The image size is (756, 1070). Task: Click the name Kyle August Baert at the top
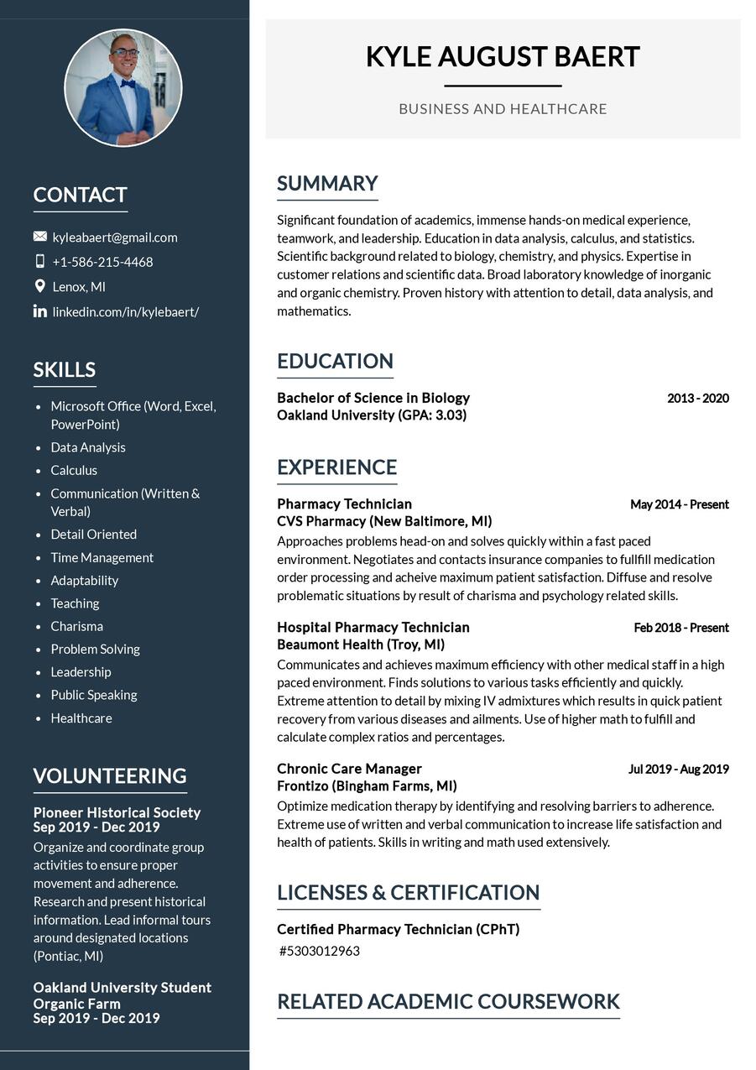click(503, 57)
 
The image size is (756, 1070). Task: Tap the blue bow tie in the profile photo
click(128, 83)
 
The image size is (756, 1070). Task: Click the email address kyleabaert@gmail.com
click(115, 237)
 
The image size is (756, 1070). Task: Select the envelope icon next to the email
click(39, 237)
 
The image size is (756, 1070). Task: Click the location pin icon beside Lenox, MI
click(39, 286)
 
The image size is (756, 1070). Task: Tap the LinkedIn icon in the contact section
click(39, 311)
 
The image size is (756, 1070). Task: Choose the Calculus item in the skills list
click(74, 470)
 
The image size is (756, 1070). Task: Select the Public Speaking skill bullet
click(93, 695)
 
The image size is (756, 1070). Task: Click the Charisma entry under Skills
click(76, 626)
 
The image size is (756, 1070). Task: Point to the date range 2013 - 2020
click(697, 398)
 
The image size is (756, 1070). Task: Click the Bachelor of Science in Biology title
click(373, 398)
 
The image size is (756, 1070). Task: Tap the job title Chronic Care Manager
click(349, 769)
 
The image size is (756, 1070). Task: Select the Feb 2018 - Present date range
click(680, 628)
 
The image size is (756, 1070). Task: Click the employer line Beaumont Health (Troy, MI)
click(361, 645)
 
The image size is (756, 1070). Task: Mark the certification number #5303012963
click(320, 951)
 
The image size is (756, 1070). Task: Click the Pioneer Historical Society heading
click(117, 812)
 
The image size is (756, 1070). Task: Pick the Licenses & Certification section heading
click(408, 892)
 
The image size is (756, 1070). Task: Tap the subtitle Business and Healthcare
click(503, 109)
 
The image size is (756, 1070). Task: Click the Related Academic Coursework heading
click(448, 1001)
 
